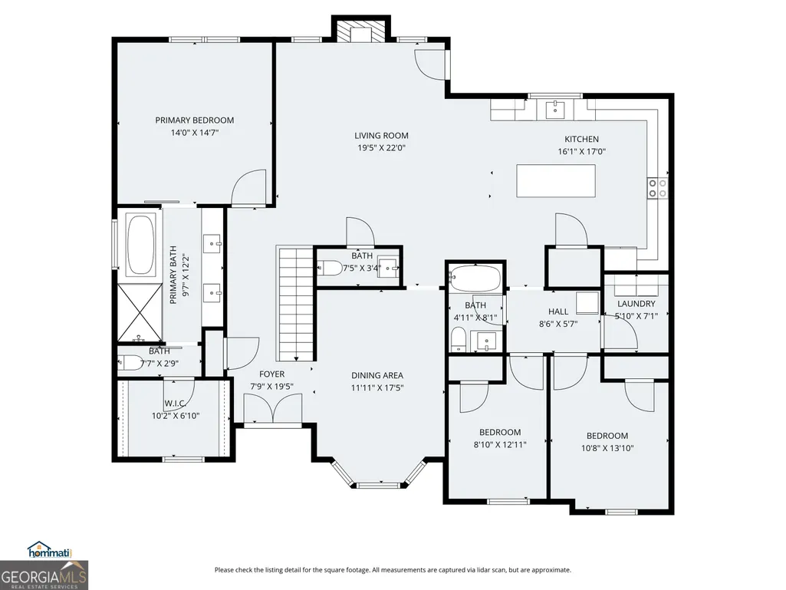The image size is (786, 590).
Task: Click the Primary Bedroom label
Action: click(195, 120)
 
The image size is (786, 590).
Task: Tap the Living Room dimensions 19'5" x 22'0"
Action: click(381, 148)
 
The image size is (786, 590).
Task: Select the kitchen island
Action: click(557, 181)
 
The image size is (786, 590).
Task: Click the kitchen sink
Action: click(555, 107)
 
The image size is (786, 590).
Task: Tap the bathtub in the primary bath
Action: click(141, 246)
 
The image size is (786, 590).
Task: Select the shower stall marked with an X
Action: click(140, 312)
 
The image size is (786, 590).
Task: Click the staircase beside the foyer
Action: click(296, 304)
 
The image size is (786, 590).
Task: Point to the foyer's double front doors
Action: click(273, 408)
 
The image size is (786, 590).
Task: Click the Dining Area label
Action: click(377, 375)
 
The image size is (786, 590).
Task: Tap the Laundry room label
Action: click(636, 304)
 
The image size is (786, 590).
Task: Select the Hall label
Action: click(558, 311)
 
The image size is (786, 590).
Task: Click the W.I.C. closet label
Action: click(176, 404)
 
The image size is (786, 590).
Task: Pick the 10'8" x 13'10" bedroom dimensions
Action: click(607, 449)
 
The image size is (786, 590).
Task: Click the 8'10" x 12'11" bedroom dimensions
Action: click(500, 444)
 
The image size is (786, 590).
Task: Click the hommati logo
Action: click(50, 550)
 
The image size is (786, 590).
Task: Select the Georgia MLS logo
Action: click(44, 575)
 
